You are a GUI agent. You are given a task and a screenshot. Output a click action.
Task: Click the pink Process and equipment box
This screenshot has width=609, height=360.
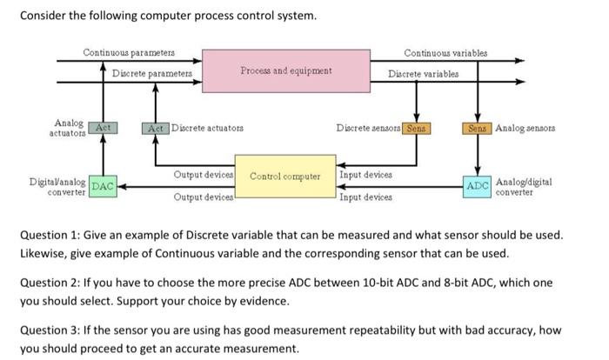[x=286, y=70]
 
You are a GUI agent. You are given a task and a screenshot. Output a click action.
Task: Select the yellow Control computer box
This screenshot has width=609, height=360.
[x=285, y=177]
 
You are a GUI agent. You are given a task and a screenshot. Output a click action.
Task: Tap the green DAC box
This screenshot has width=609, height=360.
[x=103, y=186]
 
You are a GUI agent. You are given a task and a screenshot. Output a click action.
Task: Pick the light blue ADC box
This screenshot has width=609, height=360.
[x=478, y=187]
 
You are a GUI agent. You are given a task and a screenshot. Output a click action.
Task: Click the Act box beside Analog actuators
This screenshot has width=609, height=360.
[x=103, y=128]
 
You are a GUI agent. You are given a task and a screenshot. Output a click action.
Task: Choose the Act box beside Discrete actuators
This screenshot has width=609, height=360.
[x=156, y=128]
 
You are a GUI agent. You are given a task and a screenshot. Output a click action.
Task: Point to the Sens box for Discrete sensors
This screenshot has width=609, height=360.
[x=417, y=128]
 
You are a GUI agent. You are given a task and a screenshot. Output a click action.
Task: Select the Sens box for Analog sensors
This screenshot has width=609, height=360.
[x=478, y=128]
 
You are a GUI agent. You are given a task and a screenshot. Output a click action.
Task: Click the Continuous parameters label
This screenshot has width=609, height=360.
[x=129, y=52]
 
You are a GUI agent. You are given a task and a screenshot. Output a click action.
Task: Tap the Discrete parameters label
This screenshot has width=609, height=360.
[x=152, y=73]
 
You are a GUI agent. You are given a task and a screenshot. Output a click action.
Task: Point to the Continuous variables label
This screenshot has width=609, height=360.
[x=445, y=53]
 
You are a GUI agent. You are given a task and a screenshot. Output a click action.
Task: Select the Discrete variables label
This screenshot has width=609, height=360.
[x=424, y=74]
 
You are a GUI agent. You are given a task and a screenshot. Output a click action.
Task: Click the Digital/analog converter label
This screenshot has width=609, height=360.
[x=57, y=187]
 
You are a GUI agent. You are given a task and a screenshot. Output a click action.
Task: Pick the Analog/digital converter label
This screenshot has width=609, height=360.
[x=524, y=187]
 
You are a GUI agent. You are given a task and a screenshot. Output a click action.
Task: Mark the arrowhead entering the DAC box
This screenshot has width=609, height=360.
[x=122, y=186]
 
